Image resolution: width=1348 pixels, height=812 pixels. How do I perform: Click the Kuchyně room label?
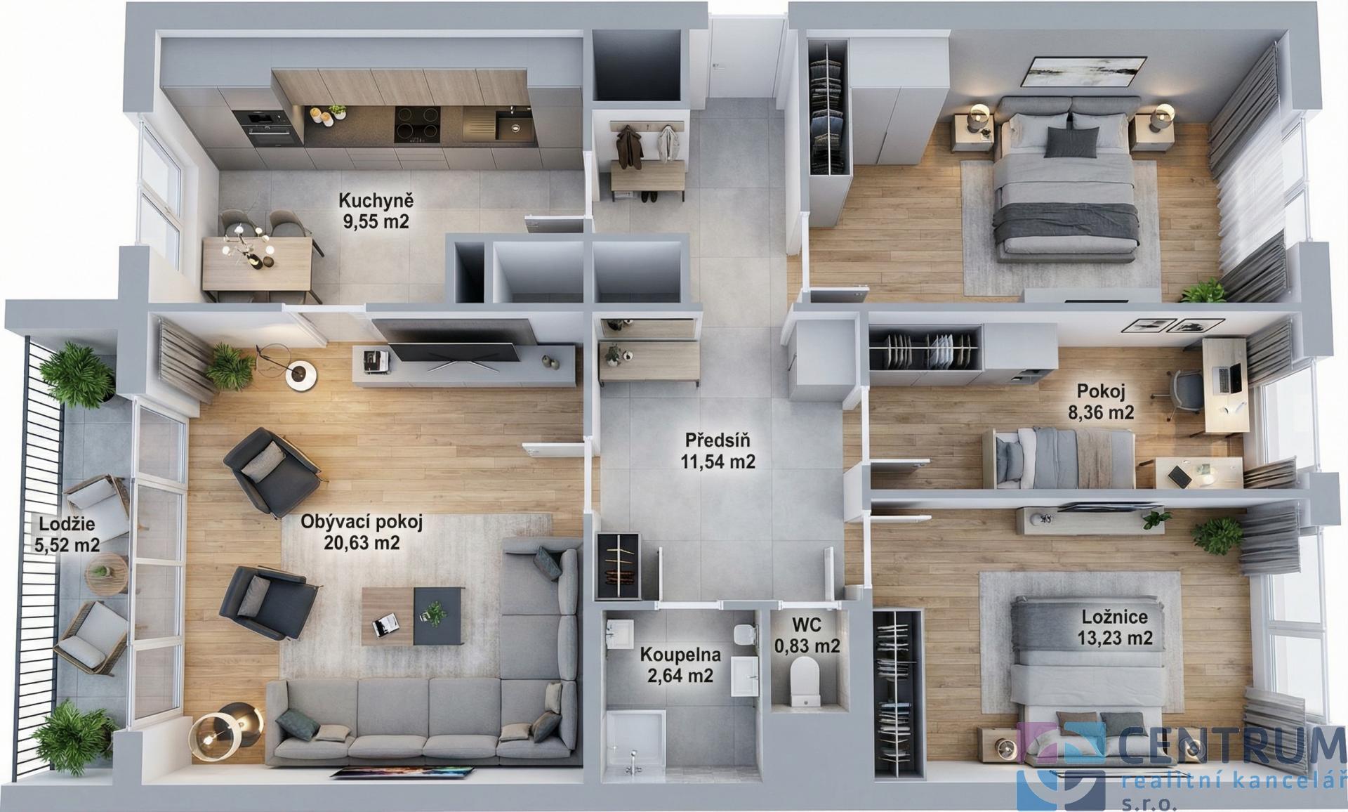(x=376, y=200)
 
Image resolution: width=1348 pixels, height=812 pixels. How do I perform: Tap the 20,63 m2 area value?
(x=362, y=542)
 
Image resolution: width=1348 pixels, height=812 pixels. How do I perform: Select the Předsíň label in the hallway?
(x=718, y=440)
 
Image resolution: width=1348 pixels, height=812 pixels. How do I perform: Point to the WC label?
(x=807, y=624)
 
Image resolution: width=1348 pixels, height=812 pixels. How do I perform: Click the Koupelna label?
(x=680, y=655)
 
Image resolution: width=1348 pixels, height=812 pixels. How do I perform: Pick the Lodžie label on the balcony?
(x=67, y=524)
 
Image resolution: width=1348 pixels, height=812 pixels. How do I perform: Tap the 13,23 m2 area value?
(x=1115, y=638)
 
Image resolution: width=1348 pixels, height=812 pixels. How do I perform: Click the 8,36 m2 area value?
(x=1101, y=412)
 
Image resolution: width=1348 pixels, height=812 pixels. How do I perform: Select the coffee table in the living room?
(x=412, y=616)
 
